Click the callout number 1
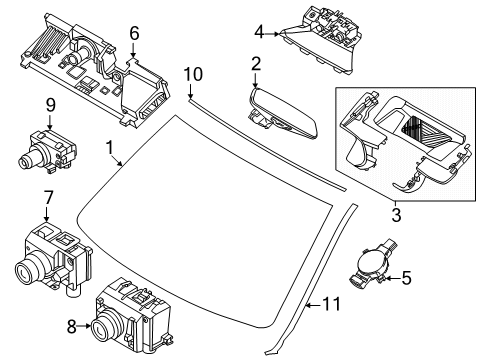(110, 148)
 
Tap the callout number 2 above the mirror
(256, 64)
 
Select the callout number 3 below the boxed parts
(396, 215)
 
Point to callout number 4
(259, 32)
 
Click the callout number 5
(406, 278)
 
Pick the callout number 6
(134, 33)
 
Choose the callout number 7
(49, 197)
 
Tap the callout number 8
(72, 327)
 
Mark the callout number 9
(50, 105)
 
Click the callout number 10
(193, 74)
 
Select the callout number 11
(332, 304)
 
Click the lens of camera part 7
(26, 270)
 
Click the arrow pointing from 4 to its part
(272, 33)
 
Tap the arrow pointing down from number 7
(46, 213)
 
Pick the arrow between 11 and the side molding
(314, 305)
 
